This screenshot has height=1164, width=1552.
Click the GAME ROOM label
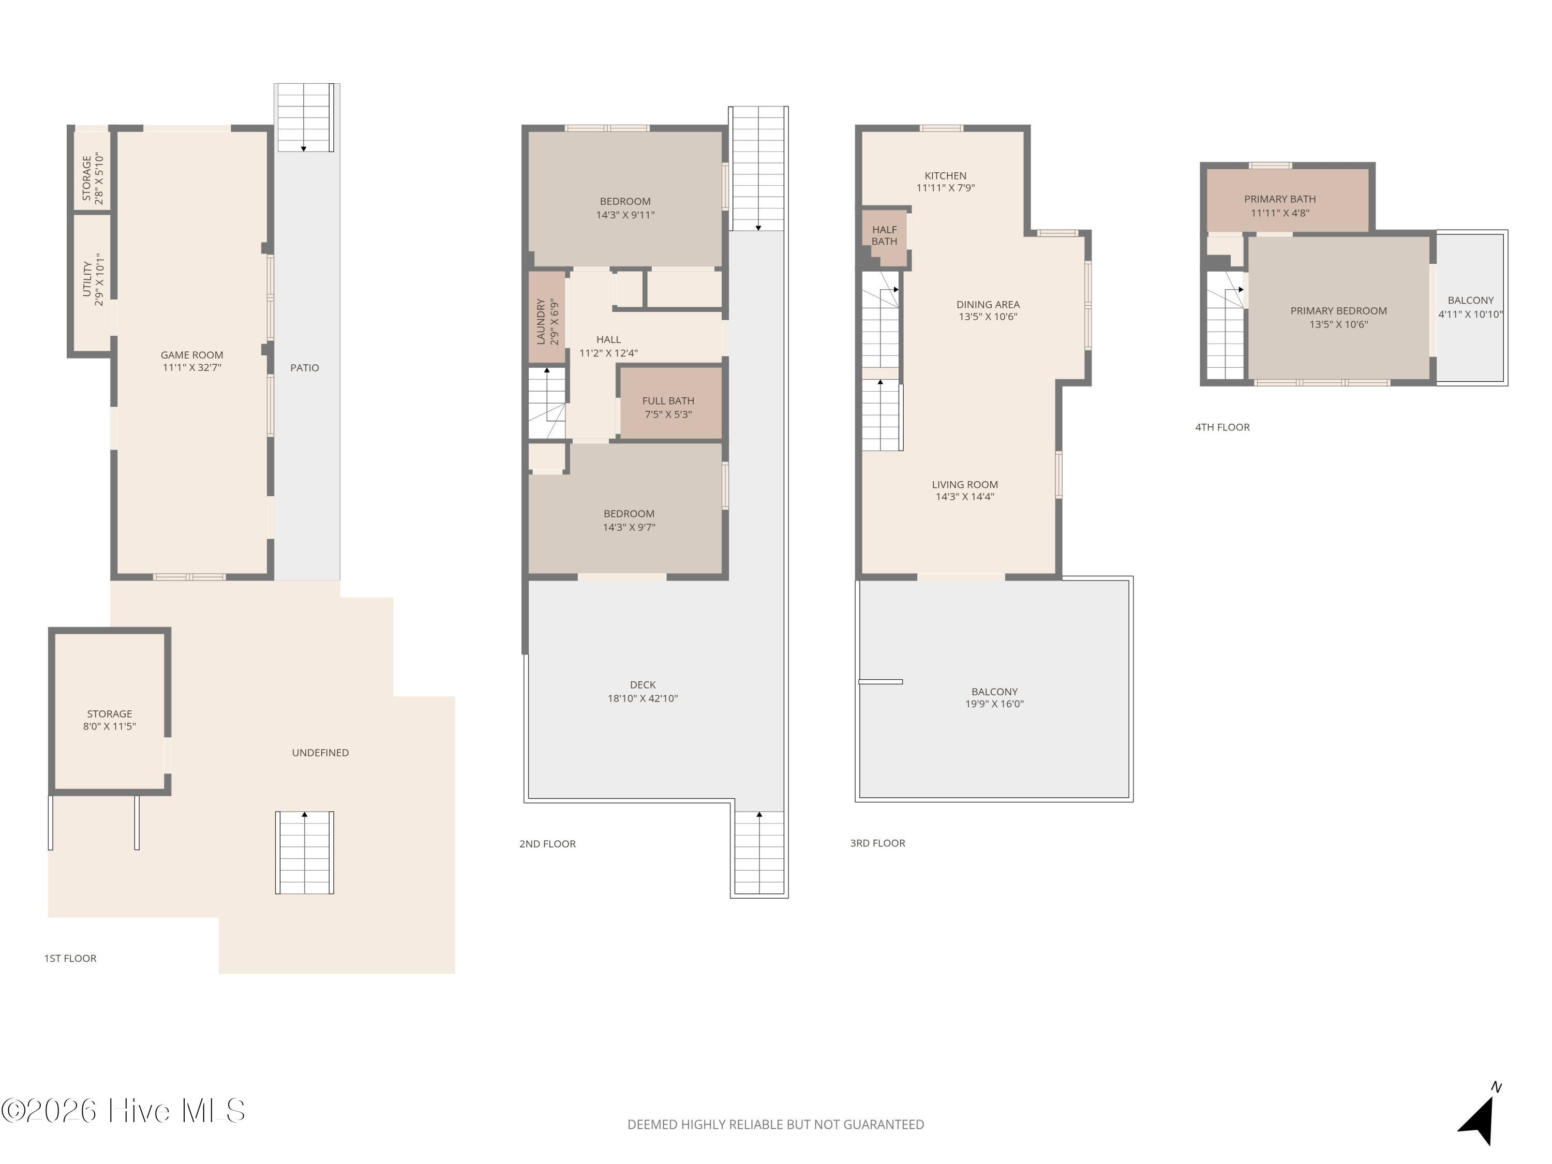(x=191, y=355)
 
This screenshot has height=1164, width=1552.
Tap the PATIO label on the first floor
(x=305, y=368)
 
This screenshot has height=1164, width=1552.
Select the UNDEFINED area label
(x=320, y=753)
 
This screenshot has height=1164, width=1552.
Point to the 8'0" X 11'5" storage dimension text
(x=110, y=727)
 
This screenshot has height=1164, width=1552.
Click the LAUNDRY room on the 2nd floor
(x=547, y=318)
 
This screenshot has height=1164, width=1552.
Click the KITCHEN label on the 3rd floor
(x=945, y=176)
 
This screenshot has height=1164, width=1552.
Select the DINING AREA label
(x=988, y=305)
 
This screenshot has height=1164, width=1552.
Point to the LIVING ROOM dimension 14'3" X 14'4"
(x=965, y=497)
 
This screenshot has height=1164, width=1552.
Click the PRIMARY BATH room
(x=1288, y=200)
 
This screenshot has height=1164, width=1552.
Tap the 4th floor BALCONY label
(x=1471, y=300)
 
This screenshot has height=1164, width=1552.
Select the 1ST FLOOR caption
(x=70, y=959)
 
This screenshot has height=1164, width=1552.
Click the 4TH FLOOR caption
(x=1222, y=427)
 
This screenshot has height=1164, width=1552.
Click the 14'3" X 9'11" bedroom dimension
(x=625, y=215)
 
